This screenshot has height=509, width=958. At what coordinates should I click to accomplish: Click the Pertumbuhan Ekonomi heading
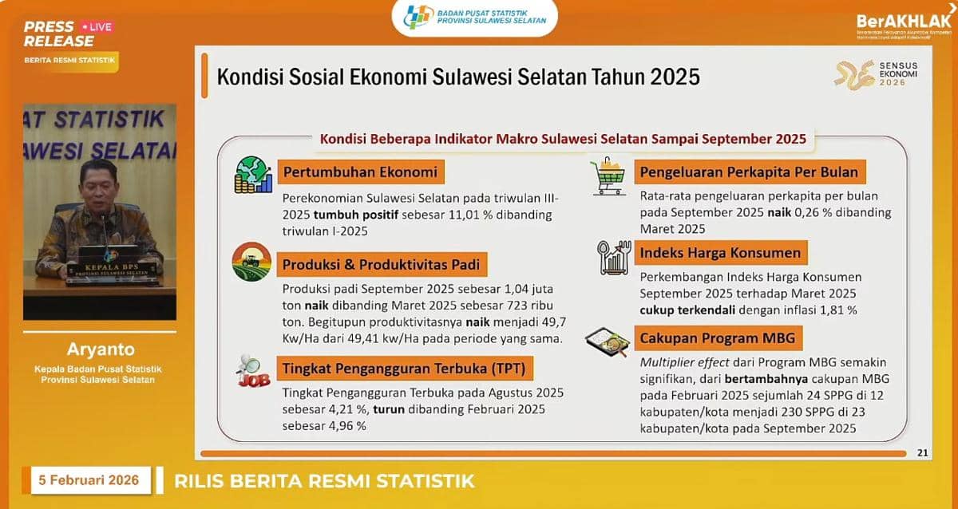click(359, 172)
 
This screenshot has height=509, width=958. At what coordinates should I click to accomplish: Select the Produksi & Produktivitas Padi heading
click(381, 265)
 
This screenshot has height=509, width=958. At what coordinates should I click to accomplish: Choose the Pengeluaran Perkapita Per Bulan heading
click(749, 172)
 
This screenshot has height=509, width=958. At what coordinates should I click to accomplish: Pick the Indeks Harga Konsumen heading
click(720, 253)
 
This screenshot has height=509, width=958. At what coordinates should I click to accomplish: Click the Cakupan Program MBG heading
click(718, 337)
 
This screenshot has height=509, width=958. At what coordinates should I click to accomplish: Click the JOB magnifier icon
click(252, 370)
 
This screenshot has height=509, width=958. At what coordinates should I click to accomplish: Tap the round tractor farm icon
click(251, 262)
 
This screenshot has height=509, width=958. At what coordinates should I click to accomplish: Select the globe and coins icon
click(253, 174)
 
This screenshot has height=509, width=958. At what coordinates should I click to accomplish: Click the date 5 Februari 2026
click(89, 480)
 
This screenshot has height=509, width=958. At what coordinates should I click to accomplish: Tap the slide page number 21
click(922, 453)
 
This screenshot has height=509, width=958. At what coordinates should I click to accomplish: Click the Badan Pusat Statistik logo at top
click(475, 18)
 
